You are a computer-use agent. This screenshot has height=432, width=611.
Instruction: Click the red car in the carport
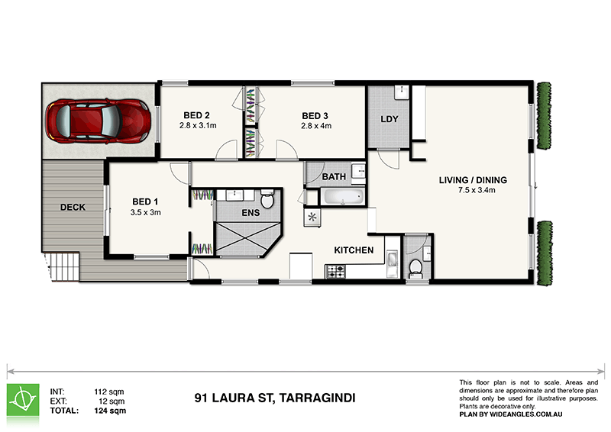[x=97, y=120]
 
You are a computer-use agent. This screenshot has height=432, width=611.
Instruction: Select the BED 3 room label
[x=316, y=116]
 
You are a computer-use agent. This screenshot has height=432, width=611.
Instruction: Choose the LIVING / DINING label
[x=473, y=181]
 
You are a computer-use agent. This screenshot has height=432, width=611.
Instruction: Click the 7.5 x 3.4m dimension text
[x=473, y=191]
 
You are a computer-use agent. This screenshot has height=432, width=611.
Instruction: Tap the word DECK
[x=73, y=207]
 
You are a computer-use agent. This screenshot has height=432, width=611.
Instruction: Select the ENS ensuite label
[x=251, y=214]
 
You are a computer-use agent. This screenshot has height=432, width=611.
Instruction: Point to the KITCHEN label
[x=354, y=250]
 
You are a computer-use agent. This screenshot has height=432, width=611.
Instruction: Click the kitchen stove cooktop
[x=337, y=270]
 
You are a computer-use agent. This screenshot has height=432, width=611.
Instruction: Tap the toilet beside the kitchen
[x=415, y=267]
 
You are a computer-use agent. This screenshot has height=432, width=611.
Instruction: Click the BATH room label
[x=334, y=177]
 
